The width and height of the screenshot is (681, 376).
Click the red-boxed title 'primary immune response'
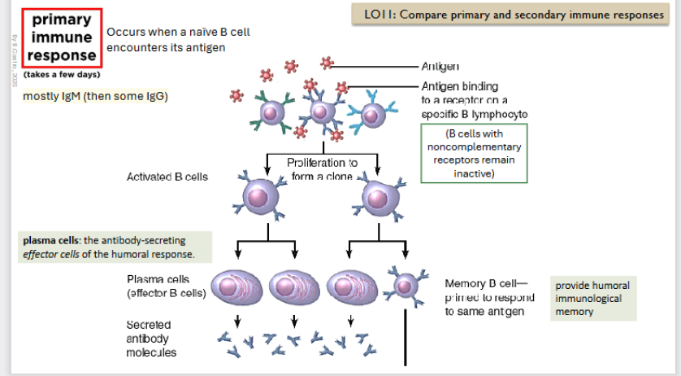click(63, 37)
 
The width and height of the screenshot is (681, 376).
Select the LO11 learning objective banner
click(513, 15)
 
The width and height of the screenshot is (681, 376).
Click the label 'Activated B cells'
click(167, 177)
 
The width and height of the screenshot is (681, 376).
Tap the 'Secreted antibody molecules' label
click(153, 338)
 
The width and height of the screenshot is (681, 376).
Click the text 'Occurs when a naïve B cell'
click(178, 32)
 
